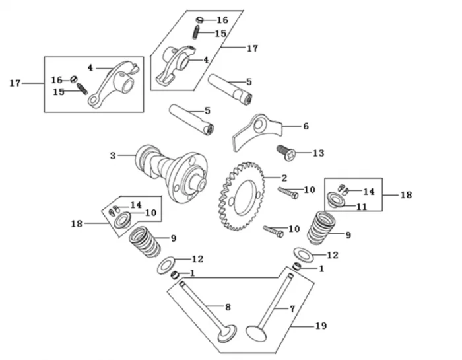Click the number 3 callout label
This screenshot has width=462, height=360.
(x=113, y=156)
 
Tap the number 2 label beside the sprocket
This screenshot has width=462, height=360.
(x=284, y=178)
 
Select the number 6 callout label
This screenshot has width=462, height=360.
(x=305, y=126)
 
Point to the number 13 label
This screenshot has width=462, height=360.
(x=318, y=153)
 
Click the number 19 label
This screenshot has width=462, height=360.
(x=321, y=326)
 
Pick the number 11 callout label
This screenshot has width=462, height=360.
(x=362, y=207)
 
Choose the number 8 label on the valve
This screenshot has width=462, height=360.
(x=228, y=306)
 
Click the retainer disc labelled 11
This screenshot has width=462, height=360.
(x=337, y=199)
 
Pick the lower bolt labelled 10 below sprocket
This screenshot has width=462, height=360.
(x=273, y=232)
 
